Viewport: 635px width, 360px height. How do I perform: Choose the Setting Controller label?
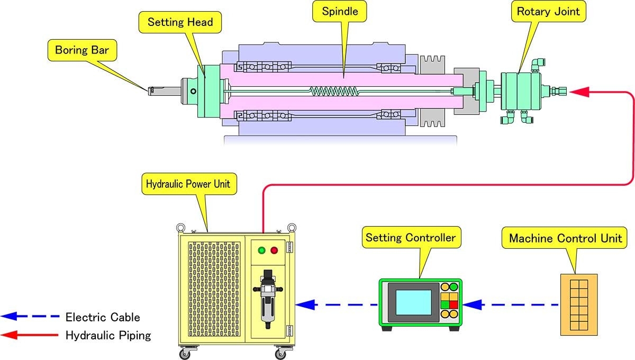click(411, 238)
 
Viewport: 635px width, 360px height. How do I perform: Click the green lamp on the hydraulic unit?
click(261, 250)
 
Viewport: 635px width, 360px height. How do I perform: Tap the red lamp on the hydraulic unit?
click(274, 250)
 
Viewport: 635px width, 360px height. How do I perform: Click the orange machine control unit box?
click(579, 304)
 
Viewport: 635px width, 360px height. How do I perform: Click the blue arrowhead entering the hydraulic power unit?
click(306, 305)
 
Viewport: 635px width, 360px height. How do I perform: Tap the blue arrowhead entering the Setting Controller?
click(473, 305)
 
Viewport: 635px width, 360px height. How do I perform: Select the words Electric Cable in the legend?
click(103, 318)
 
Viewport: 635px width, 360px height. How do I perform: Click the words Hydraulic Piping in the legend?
click(108, 335)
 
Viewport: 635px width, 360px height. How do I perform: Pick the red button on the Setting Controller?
click(453, 304)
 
